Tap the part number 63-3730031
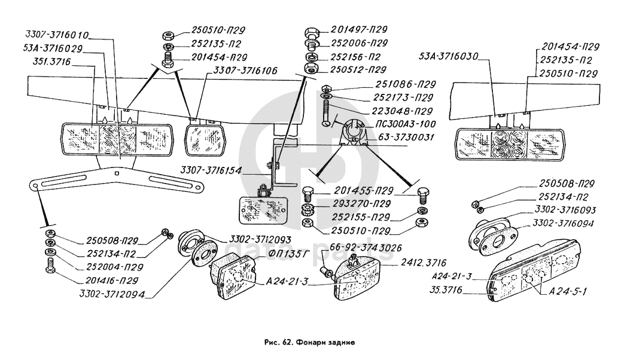(x=406, y=137)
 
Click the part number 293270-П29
(x=361, y=203)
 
